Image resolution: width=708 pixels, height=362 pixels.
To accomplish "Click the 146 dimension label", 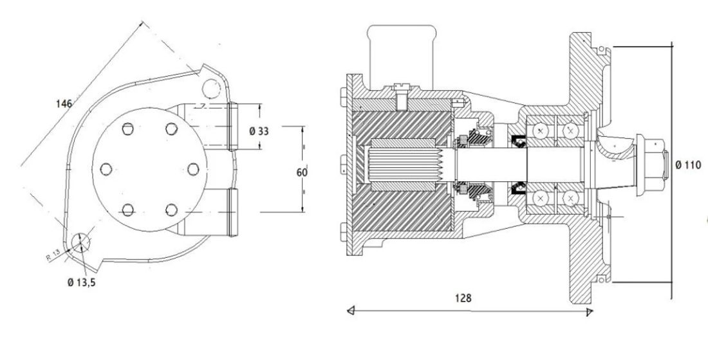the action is point(64,104).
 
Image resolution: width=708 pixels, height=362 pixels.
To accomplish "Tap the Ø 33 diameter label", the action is point(259,131).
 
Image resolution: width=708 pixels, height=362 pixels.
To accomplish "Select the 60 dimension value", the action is point(302,172).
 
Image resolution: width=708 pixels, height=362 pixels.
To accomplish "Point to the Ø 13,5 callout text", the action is point(81,283).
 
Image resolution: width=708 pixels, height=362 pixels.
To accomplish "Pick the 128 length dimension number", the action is point(463,298).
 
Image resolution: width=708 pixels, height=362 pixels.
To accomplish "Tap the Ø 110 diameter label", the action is point(689,165).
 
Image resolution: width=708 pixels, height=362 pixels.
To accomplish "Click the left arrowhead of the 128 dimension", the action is point(351,310).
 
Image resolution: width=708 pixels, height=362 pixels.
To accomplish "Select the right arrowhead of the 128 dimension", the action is point(589,311).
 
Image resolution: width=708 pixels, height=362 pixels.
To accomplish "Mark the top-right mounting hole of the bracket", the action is point(211,88).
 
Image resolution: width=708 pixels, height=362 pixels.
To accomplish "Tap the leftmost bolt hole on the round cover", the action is point(106,169).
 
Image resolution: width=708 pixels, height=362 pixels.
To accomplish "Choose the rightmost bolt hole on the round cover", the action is point(193,169).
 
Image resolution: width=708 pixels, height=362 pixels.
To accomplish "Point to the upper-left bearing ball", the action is point(540,131).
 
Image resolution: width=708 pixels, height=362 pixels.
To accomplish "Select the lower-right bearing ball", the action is point(570,198).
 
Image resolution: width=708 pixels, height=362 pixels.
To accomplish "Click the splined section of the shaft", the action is point(403,165).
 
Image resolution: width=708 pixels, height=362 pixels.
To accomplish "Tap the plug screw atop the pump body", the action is point(401,96).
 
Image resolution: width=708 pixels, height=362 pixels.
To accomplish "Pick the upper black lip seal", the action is point(518,141).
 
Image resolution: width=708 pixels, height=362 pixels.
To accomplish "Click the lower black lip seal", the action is point(518,188).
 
